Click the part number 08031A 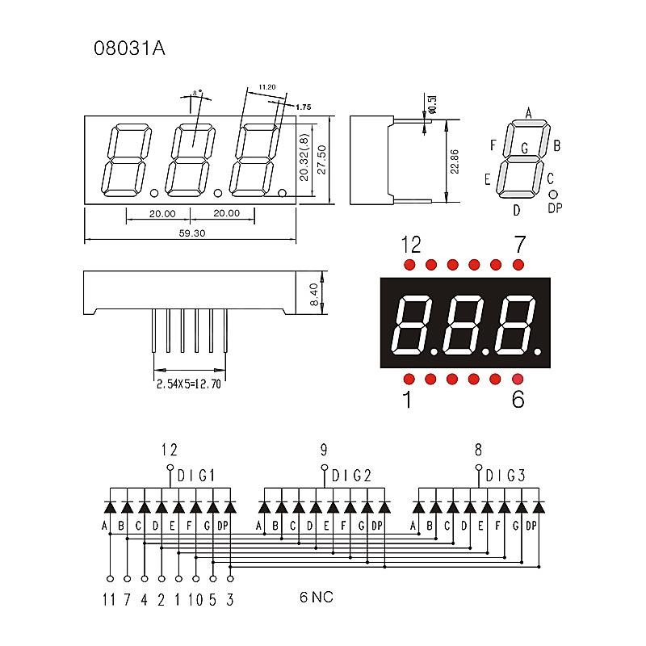pyautogui.click(x=130, y=48)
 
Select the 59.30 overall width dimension pyautogui.click(x=191, y=233)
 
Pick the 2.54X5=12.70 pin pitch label pyautogui.click(x=189, y=385)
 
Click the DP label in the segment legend pyautogui.click(x=555, y=208)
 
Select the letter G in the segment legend pyautogui.click(x=525, y=148)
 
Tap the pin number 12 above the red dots pyautogui.click(x=411, y=244)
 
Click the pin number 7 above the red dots pyautogui.click(x=519, y=244)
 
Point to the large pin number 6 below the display pyautogui.click(x=518, y=399)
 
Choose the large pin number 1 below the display pyautogui.click(x=407, y=399)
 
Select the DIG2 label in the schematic pyautogui.click(x=350, y=475)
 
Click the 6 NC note pyautogui.click(x=316, y=598)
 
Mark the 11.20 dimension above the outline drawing pyautogui.click(x=268, y=86)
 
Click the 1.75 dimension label pyautogui.click(x=304, y=107)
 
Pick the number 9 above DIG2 pyautogui.click(x=324, y=450)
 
